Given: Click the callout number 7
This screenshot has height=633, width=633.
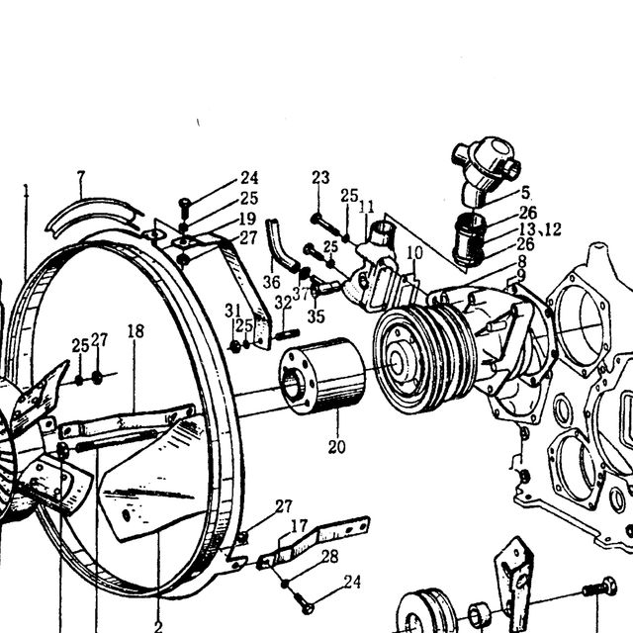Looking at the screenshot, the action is [x=81, y=177].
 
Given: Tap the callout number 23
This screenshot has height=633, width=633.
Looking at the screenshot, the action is [x=320, y=177].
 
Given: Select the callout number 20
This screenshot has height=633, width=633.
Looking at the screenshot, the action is [x=336, y=447].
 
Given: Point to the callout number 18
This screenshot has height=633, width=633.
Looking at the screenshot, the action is [x=136, y=331].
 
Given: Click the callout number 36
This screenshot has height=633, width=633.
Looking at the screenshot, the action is [x=271, y=282].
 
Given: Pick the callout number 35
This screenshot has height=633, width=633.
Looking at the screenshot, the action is [x=316, y=316].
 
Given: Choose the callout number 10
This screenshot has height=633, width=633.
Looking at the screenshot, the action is [x=414, y=253].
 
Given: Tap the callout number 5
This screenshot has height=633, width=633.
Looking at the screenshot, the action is [x=525, y=193].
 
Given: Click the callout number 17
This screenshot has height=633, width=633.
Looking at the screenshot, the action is [x=299, y=526].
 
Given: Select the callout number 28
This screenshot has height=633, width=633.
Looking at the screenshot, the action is [x=330, y=557].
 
